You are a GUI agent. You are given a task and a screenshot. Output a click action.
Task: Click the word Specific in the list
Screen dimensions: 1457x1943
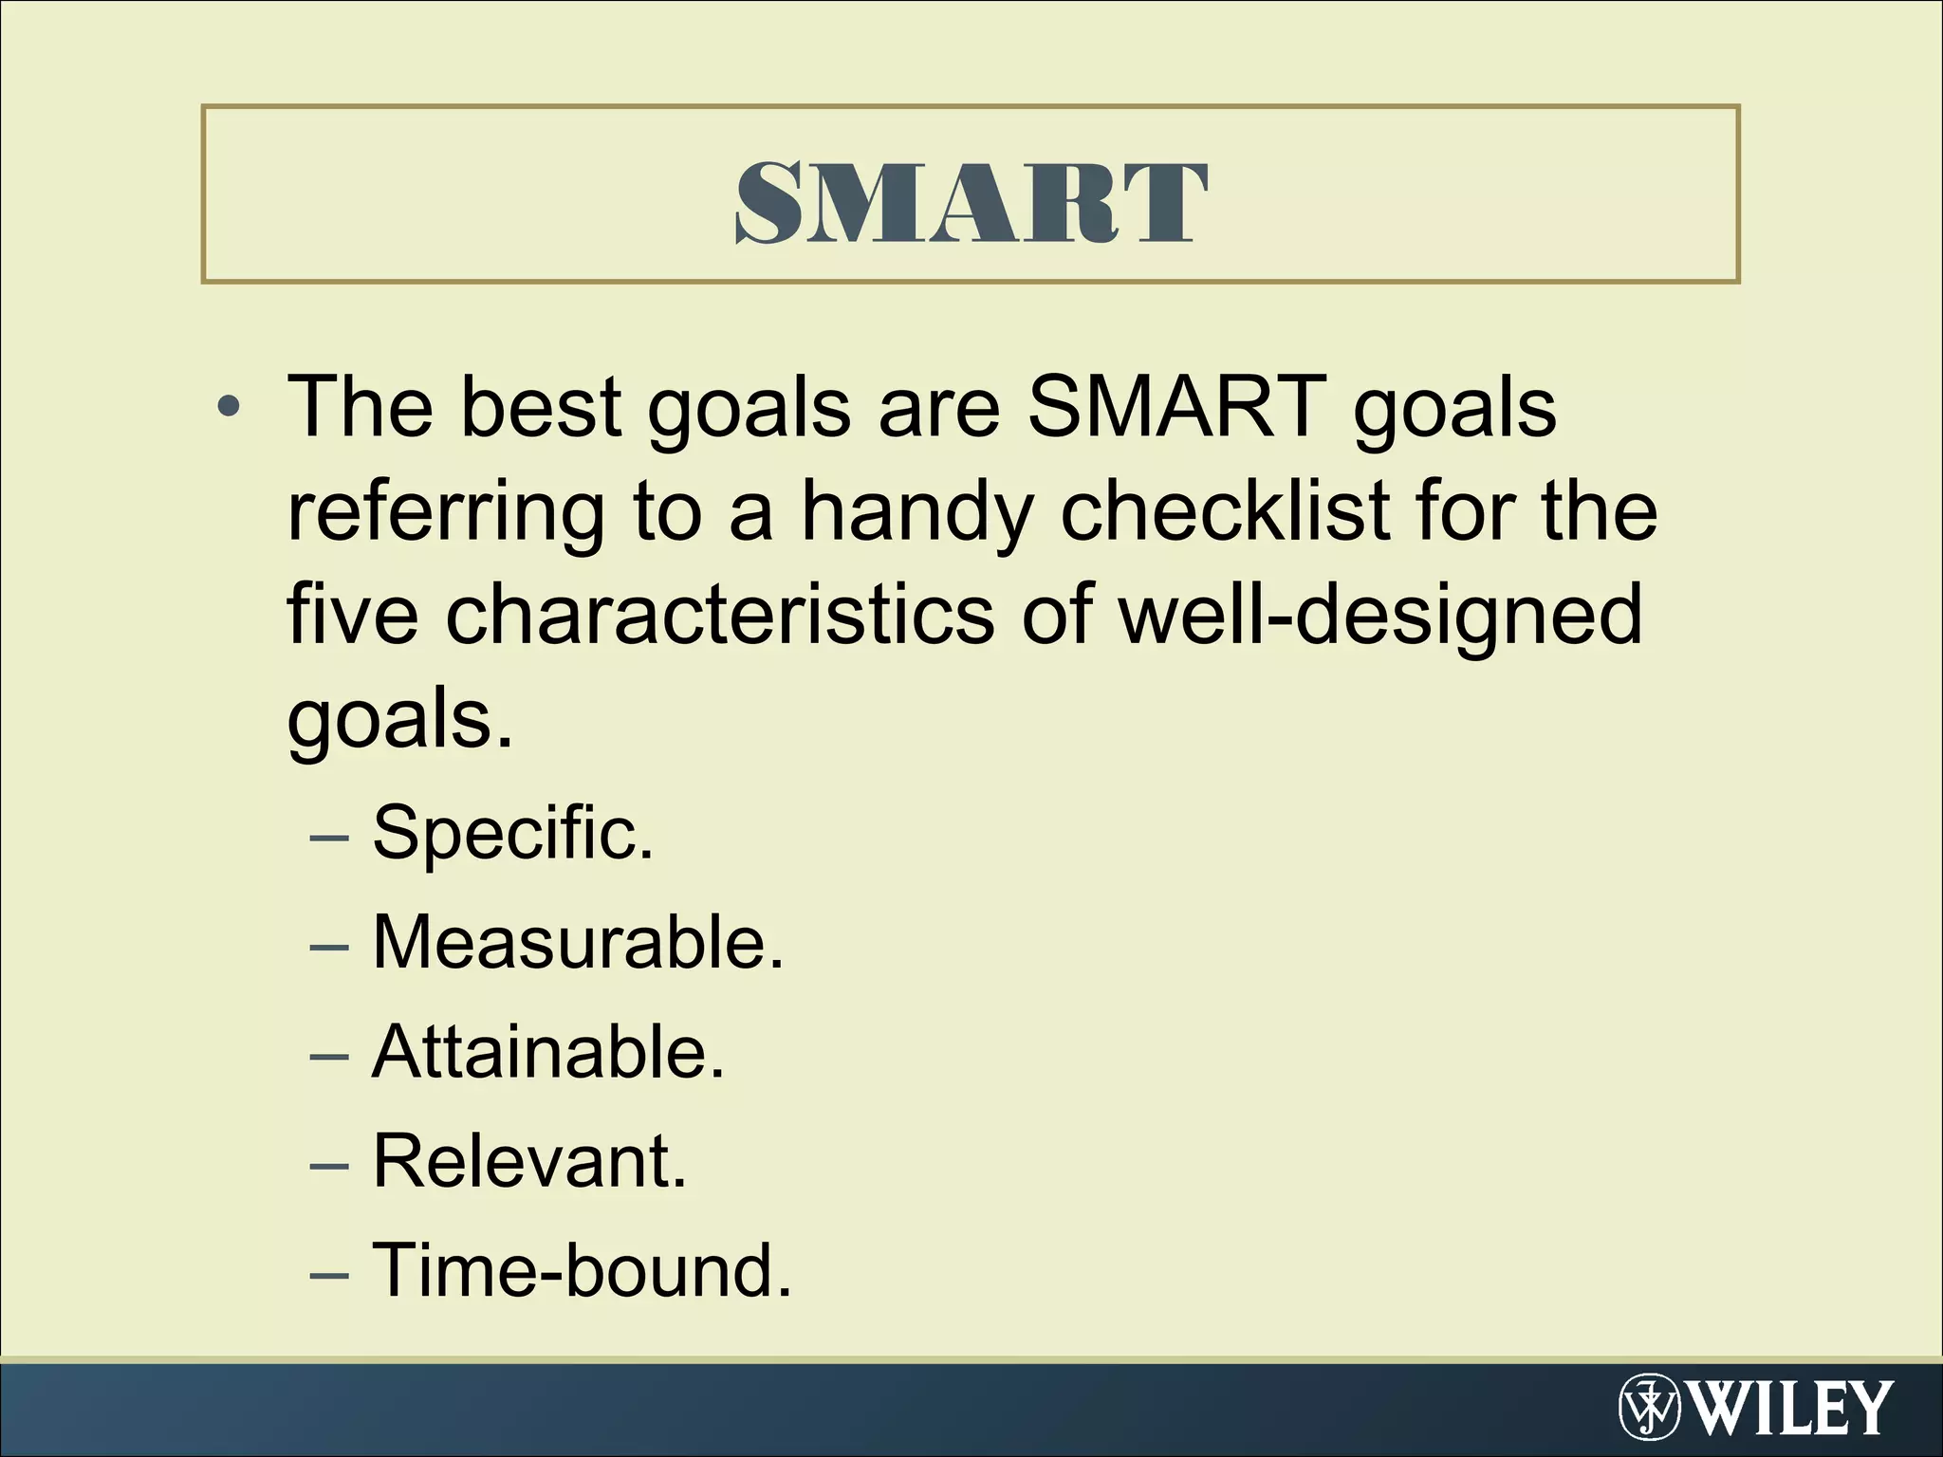coord(512,833)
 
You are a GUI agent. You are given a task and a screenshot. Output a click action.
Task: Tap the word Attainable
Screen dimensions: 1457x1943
coord(547,1052)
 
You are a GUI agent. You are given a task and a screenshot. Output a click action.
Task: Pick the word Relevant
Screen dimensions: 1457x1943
coord(528,1161)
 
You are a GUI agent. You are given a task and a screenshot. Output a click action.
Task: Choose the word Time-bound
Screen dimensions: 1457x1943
coord(581,1270)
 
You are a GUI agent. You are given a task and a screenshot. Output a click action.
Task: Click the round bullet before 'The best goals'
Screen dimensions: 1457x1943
coord(228,409)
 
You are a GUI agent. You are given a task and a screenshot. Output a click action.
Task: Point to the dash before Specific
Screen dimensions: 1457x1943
coord(329,837)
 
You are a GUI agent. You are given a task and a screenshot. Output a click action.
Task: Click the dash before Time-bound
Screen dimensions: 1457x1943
coord(329,1274)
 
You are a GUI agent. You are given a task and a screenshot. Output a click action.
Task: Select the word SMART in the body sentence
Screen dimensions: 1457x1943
coord(1177,407)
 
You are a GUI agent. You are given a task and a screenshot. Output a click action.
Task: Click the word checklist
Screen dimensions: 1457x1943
coord(1225,512)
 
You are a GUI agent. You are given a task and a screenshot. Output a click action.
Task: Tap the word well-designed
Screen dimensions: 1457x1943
coord(1379,617)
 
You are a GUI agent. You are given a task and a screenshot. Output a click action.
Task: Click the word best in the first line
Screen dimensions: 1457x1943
coord(541,407)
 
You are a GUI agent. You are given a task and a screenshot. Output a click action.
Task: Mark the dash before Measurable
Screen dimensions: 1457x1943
coord(329,946)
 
